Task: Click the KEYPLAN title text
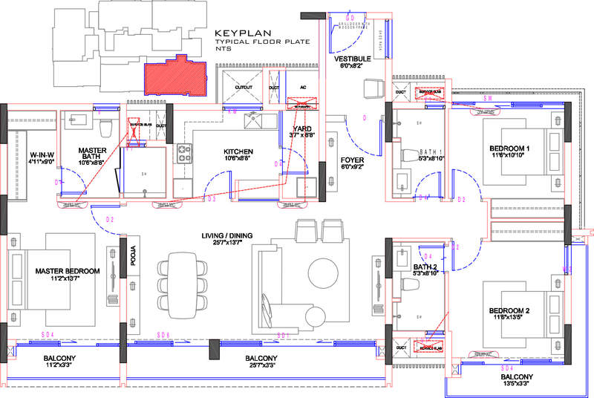(242, 34)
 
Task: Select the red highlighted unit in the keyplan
(175, 77)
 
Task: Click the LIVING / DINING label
(227, 235)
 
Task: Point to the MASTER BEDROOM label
(67, 271)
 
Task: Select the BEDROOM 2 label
(509, 310)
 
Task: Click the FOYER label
(352, 160)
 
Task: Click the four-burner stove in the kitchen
(184, 154)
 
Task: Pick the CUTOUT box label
(243, 87)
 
